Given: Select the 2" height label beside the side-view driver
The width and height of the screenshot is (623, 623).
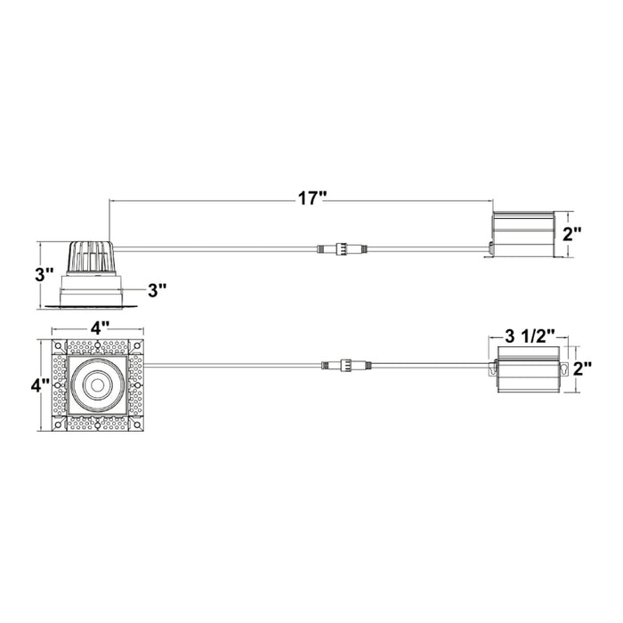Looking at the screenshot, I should pos(572,235).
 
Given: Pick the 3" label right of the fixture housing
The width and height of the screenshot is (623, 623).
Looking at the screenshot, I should pos(158,289).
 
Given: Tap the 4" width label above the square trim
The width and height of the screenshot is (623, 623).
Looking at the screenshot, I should pos(97,327).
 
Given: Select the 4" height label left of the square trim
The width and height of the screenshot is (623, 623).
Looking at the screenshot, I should pos(38,385).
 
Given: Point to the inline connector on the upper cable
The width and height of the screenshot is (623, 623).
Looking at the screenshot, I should pos(338,249).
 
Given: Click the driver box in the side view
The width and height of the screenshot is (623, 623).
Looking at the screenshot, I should pos(522,232).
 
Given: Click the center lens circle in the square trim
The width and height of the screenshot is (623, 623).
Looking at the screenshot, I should pos(97,385).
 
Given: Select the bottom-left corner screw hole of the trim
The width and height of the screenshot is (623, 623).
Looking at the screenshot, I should pos(60,424).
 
